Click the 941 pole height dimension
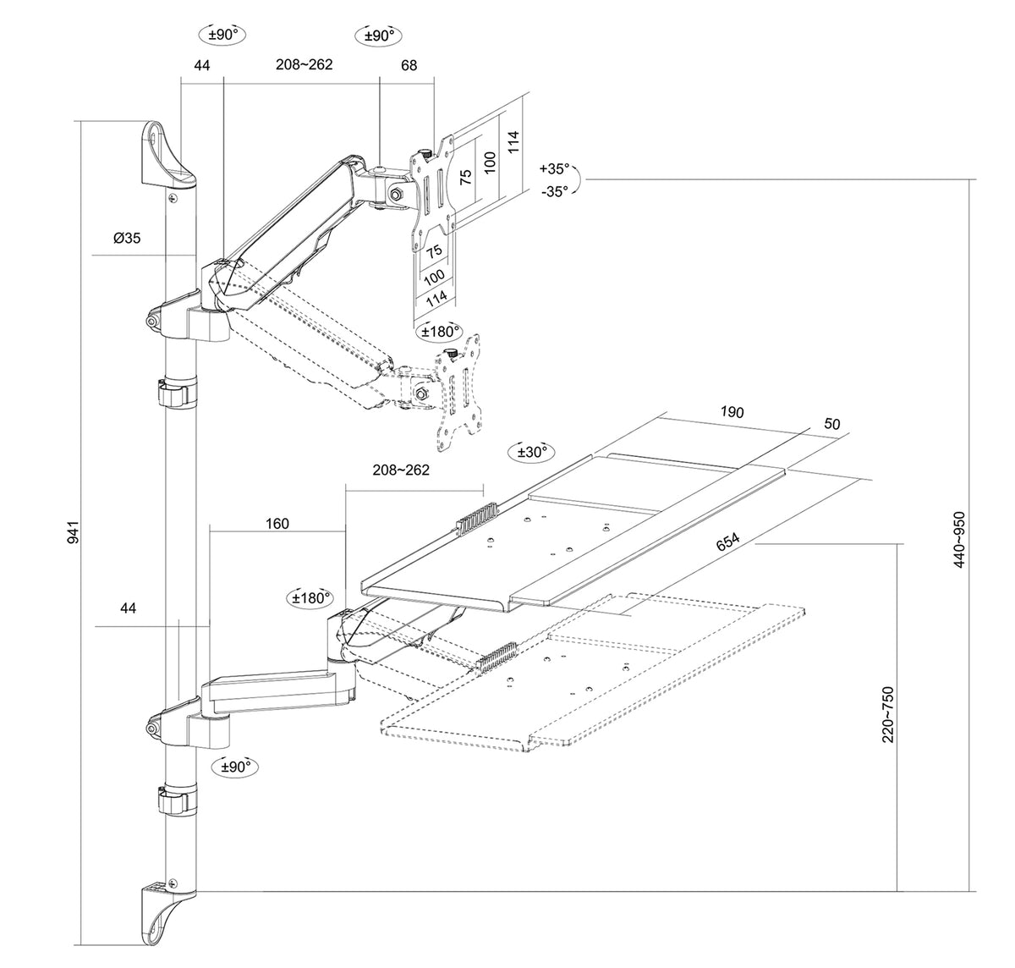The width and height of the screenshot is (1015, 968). [x=74, y=532]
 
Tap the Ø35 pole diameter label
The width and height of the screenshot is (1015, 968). [x=127, y=238]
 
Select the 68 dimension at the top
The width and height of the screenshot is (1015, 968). [x=409, y=65]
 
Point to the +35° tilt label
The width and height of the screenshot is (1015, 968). [x=554, y=168]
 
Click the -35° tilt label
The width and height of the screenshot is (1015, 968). [x=555, y=191]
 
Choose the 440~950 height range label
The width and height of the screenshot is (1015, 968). [x=959, y=539]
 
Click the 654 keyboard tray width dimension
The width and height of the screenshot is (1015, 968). [x=728, y=542]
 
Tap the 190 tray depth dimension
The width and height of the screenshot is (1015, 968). [x=732, y=412]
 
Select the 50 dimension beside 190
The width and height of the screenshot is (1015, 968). [x=832, y=424]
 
